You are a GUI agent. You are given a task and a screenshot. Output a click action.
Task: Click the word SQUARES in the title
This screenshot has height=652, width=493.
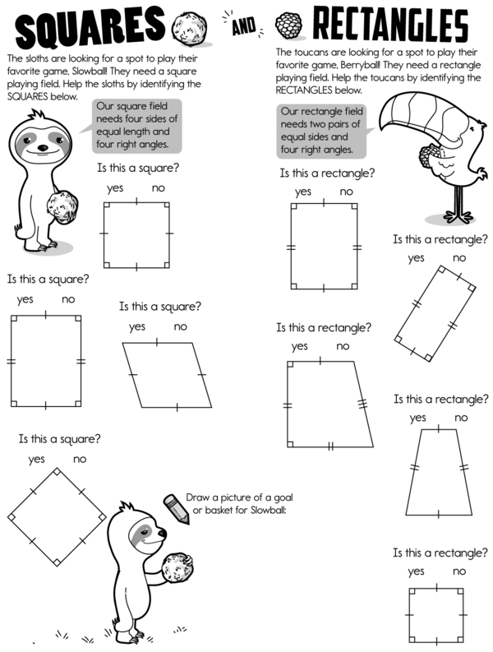point(90,27)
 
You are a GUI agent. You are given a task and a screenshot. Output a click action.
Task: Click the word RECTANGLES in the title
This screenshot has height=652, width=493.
point(391,24)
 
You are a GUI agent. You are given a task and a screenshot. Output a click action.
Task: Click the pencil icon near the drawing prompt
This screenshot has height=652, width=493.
point(177,509)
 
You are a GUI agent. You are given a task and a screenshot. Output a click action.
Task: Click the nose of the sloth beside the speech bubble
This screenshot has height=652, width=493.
point(43,147)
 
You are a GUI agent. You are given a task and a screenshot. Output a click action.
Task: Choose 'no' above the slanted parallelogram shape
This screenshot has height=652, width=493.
point(181,327)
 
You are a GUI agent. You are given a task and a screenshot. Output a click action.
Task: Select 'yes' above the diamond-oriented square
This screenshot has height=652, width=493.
point(37,460)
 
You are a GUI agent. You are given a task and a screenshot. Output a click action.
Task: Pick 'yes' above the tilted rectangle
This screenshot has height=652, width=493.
point(416,258)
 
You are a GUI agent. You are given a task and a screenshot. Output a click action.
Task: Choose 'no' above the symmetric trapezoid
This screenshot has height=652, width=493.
point(461,418)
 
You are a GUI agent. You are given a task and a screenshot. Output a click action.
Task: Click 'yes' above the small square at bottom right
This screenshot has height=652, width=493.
point(416,571)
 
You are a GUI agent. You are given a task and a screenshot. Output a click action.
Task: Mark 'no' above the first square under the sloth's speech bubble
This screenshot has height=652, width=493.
point(159,188)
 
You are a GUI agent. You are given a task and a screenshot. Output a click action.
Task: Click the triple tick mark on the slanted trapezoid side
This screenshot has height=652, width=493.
point(363,404)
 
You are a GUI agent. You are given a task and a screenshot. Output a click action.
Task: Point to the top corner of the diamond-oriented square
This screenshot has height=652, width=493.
point(57,469)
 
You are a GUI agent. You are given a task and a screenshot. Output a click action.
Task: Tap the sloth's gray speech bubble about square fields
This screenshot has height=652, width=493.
point(136,126)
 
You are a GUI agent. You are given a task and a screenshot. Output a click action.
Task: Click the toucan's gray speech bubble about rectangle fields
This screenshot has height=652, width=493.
point(321,131)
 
